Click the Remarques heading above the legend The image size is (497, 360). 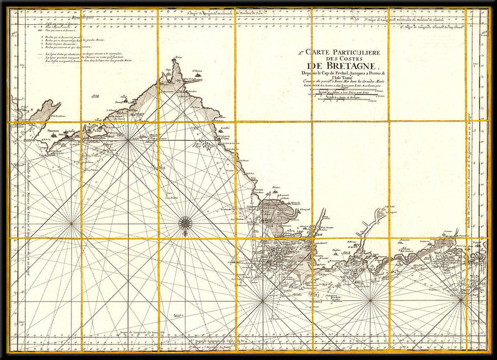pyautogui.click(x=81, y=18)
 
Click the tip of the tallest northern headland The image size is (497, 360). pyautogui.click(x=178, y=60)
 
